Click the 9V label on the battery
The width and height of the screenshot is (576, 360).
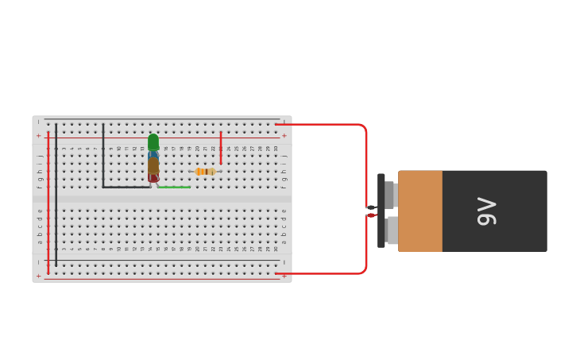pos(486,211)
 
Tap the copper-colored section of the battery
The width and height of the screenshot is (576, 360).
pos(420,211)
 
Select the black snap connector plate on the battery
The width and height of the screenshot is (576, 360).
pos(381,211)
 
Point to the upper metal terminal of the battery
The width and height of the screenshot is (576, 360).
pos(390,194)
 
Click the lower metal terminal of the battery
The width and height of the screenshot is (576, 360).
pos(391,230)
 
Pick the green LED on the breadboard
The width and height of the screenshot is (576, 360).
pos(153,141)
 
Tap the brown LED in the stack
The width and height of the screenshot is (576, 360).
pos(153,166)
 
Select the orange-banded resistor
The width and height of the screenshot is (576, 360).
pos(205,172)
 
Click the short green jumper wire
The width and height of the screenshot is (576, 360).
pos(174,188)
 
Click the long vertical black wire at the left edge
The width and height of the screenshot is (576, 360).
pos(56,195)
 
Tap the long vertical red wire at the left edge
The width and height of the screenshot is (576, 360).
pos(48,203)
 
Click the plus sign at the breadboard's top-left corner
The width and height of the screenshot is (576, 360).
pos(38,135)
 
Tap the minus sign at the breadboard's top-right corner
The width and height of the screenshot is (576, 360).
pos(284,122)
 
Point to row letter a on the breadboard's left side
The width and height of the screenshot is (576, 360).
pos(40,241)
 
